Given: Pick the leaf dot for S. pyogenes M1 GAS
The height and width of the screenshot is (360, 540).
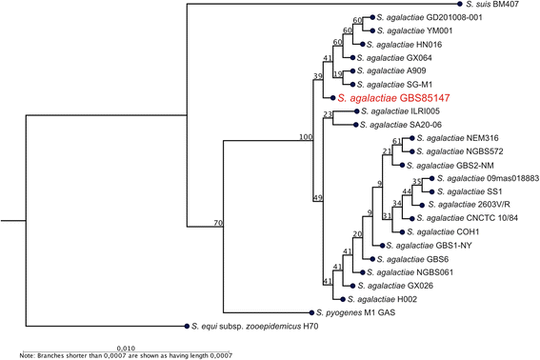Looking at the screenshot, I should [x=307, y=311].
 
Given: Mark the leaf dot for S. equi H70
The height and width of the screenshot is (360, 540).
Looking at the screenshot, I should [x=188, y=326].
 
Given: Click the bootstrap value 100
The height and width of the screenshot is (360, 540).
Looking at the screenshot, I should [x=306, y=138].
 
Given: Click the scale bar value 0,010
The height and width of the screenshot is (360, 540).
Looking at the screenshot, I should [x=125, y=347].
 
